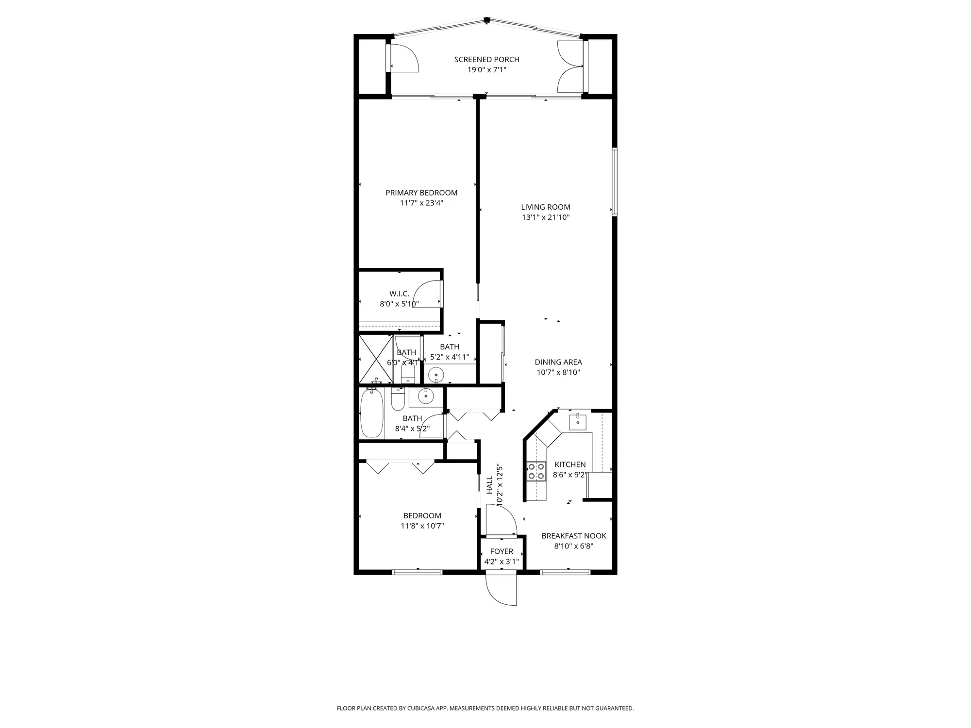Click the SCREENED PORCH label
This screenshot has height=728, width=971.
[486, 59]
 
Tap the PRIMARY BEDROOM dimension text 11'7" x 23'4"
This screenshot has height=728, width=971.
[421, 203]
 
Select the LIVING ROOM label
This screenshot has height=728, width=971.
[546, 207]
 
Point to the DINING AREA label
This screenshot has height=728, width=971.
[558, 362]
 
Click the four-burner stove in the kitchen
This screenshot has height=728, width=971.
[536, 471]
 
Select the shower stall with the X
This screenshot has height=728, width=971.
[375, 359]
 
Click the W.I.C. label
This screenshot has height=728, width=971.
[399, 294]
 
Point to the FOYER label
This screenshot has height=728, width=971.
[502, 551]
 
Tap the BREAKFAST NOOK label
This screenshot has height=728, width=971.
[574, 536]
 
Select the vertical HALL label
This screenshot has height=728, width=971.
[489, 485]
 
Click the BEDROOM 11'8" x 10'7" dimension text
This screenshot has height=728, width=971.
[422, 526]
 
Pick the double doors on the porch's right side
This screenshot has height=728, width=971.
[570, 66]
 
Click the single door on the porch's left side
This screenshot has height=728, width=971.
[404, 58]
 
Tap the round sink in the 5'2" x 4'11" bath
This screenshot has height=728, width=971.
[436, 374]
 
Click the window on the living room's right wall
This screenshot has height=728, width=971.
[614, 182]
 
